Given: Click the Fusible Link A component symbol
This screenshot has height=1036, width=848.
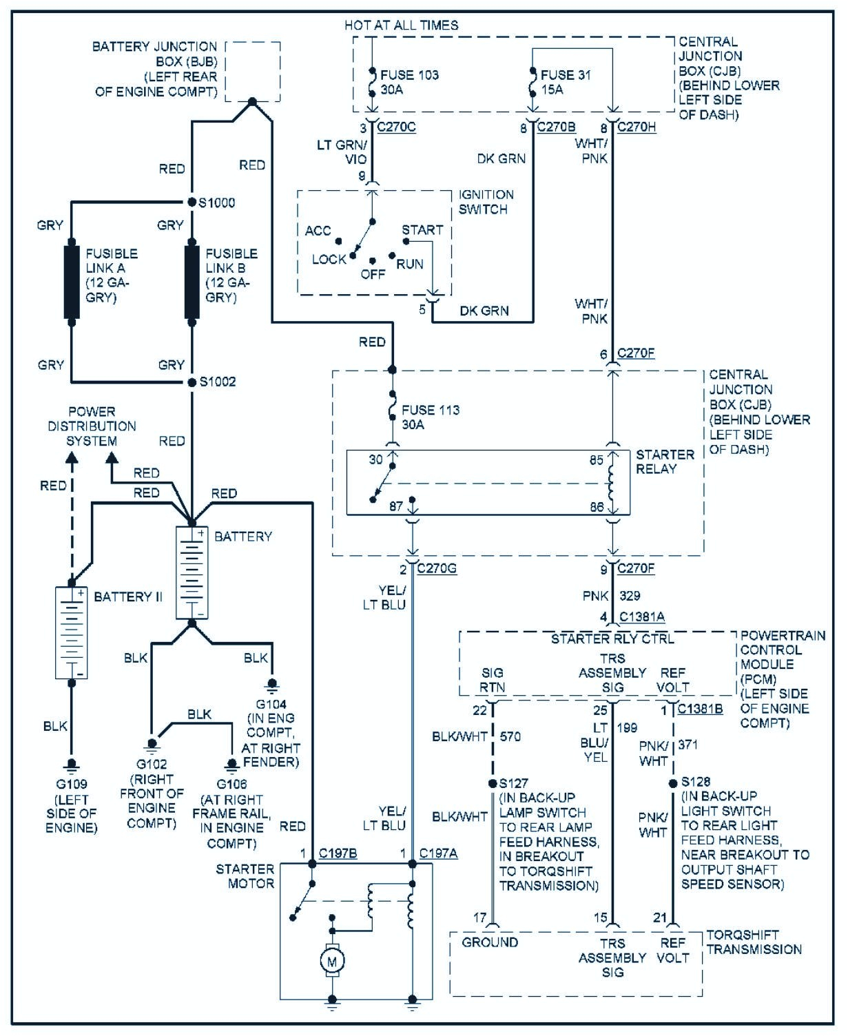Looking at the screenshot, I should pos(72,281).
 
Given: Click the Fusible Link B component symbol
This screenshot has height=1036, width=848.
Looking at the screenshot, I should pos(192,281).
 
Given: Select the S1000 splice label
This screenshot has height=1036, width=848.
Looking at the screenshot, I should pos(217,203).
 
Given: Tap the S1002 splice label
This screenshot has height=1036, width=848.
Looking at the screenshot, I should pos(218,382).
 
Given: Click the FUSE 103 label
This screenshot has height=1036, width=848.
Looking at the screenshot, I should pos(410,75).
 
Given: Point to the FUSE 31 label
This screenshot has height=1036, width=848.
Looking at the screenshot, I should pos(566,75).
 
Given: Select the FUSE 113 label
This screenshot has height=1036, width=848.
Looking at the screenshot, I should pos(431,410).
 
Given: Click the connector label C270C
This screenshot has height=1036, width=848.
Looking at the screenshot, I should pos(396,127).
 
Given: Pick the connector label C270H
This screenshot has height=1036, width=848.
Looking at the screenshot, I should pos(637,127).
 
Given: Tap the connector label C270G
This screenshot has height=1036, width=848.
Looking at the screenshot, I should pos(437,569).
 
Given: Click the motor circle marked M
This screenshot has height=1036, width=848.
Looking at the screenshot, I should pos(332,961).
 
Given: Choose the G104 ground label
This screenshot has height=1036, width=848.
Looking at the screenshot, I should pos(271,704).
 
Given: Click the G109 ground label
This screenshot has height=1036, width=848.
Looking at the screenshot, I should pos(72,784).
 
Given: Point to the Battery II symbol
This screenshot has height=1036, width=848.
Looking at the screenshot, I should pos(72,632).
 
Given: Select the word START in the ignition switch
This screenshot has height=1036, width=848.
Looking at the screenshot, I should pos(422,230).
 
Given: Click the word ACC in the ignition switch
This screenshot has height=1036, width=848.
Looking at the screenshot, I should pos(318,231).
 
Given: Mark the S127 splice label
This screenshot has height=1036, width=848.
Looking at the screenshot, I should pos(513,783).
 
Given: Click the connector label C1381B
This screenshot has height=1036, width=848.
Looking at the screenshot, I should pos(700,709).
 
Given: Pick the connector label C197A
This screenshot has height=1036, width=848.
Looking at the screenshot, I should pos(438,853).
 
